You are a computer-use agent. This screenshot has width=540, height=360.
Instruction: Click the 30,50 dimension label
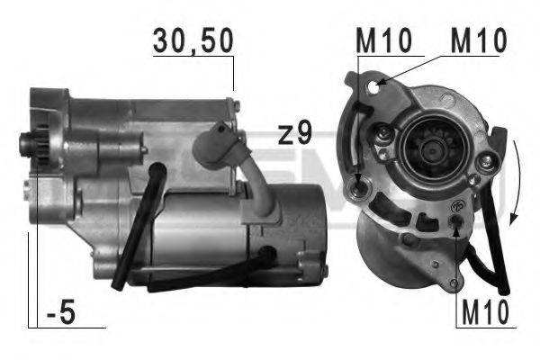point(193,40)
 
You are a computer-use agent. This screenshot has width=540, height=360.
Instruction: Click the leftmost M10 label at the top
point(382,40)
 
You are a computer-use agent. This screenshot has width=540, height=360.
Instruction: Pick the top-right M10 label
point(478,40)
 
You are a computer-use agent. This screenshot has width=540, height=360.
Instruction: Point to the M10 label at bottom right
point(482,313)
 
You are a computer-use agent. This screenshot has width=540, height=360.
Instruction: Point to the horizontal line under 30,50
point(193,57)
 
